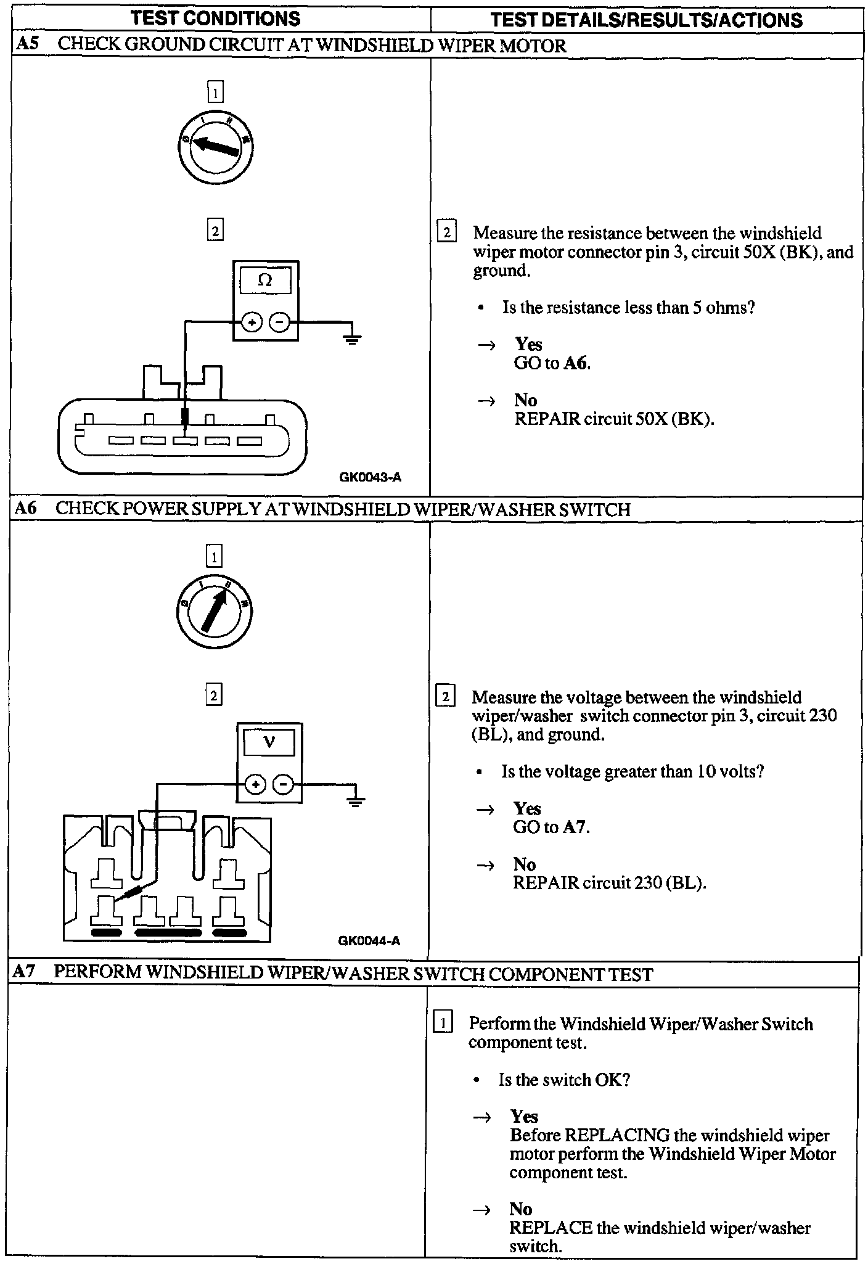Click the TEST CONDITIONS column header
(x=216, y=18)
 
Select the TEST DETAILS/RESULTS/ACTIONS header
(x=647, y=20)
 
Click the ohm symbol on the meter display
(x=265, y=281)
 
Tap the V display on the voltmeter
(x=269, y=742)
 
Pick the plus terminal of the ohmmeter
(x=252, y=322)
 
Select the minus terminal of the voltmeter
(x=283, y=785)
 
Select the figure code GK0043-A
(x=370, y=477)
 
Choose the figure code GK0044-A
(x=369, y=940)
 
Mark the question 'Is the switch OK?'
(x=564, y=1080)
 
